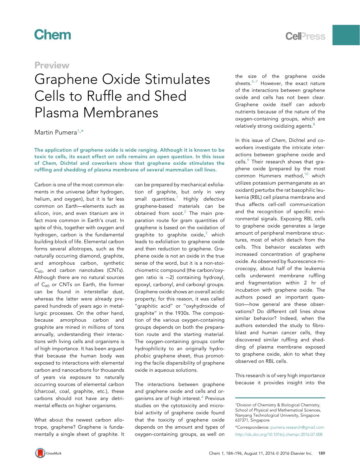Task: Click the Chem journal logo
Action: coord(53,35)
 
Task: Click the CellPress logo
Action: coord(306,36)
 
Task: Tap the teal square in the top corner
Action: coord(346,35)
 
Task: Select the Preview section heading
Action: coord(52,65)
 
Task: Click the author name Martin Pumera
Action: coord(56,132)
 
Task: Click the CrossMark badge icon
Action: coord(40,453)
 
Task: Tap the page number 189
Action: coord(322,453)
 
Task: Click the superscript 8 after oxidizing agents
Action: coord(314,124)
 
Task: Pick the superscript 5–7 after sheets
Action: coord(255,82)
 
